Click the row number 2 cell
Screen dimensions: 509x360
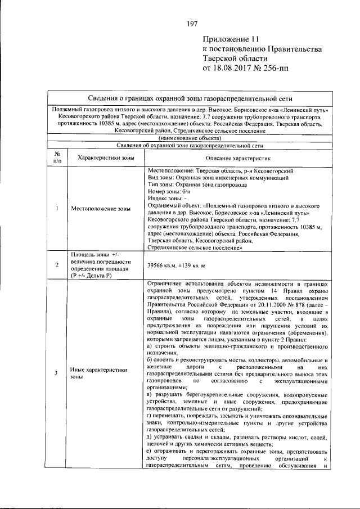[57, 264]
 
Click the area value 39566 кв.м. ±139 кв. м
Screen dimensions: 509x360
[175, 264]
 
